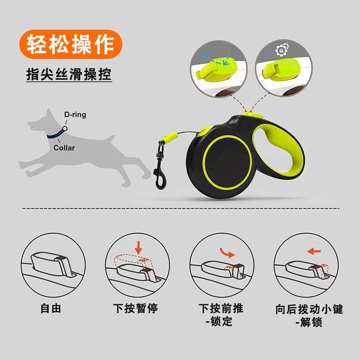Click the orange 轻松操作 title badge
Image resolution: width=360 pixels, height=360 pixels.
pos(71,44)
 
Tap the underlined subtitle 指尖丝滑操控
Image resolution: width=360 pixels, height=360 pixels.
pos(69,74)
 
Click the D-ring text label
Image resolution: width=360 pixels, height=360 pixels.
pos(75,114)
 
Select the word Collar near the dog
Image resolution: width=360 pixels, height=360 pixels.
pos(64,148)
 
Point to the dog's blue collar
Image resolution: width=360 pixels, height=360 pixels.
pos(56,134)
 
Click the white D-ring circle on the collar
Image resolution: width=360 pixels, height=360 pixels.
pos(65,129)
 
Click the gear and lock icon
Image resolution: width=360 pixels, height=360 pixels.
pos(282,49)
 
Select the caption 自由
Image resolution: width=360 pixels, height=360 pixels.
pos(51,308)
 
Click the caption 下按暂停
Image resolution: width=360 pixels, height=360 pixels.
pos(135,308)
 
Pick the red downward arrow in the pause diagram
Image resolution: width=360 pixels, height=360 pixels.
pos(138,247)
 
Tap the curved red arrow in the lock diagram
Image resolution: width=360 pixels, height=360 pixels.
pos(227,253)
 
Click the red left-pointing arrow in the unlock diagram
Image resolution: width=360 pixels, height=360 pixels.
pos(314,251)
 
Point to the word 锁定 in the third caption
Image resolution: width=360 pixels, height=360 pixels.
pos(221,321)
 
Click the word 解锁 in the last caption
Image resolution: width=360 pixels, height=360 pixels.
pos(311,322)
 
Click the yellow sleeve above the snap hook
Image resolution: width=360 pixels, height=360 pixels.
pos(170,137)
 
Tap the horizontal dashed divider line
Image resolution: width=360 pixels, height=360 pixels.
pos(181,208)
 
